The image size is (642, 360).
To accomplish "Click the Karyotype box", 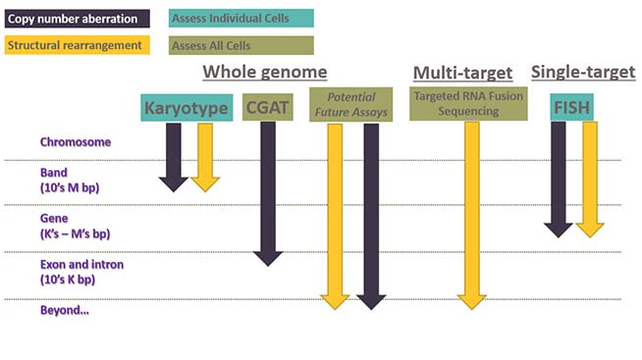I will (x=187, y=107).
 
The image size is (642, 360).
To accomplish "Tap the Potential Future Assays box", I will (x=350, y=103).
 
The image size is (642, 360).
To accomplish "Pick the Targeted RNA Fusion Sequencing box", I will (x=468, y=104).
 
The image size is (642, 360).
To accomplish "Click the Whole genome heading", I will (x=264, y=73).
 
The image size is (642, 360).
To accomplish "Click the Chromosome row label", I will (x=76, y=142).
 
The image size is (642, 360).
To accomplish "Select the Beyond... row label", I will (x=65, y=310).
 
